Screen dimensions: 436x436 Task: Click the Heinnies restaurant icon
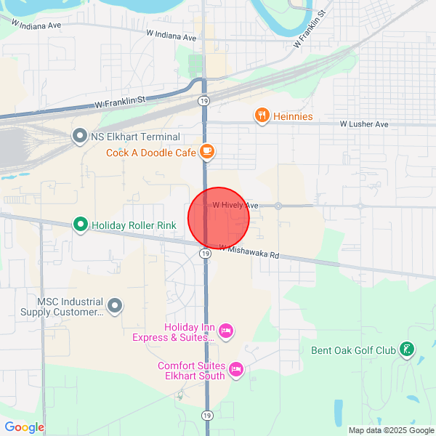(262, 116)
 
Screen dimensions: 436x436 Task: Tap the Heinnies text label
(293, 116)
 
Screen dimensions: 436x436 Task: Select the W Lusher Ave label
(364, 124)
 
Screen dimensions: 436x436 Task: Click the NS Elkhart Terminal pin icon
(79, 136)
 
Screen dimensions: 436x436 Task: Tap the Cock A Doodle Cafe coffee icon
(207, 152)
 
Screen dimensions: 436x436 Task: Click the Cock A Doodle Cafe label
(151, 153)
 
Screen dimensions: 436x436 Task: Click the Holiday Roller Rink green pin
(81, 225)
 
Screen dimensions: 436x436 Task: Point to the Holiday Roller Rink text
(134, 226)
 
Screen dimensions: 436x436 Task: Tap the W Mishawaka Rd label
(249, 252)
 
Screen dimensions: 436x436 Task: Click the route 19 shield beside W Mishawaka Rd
(206, 254)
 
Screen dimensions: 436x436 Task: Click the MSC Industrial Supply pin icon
(115, 304)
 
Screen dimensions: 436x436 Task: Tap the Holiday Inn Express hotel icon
(225, 331)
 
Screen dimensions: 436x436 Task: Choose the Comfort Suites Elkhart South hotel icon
(235, 370)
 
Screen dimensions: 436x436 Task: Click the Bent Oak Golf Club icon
(408, 350)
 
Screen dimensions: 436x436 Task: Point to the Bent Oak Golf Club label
(353, 351)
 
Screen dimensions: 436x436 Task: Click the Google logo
(25, 427)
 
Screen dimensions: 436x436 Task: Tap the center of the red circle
(219, 218)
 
